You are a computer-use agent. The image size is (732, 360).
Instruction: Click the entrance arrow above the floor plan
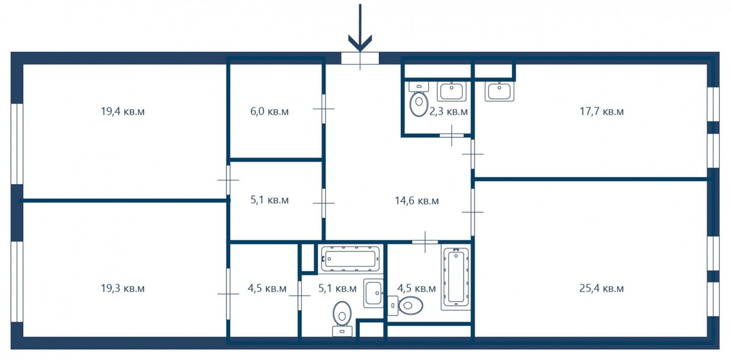point(360,28)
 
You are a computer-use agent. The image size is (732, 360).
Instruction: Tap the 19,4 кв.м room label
point(123,112)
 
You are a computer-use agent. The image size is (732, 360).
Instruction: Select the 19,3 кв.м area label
point(123,289)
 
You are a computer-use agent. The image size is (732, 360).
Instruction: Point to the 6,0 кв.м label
point(270,112)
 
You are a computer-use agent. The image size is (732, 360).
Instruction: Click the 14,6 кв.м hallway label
point(417,200)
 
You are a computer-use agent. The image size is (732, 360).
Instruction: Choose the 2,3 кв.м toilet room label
point(448,112)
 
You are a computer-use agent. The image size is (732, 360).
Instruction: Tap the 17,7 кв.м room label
point(601,112)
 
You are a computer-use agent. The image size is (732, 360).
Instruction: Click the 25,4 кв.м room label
point(601,289)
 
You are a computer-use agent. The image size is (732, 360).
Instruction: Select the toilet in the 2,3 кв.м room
point(418,99)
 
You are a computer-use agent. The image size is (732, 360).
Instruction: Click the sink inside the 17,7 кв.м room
point(500,92)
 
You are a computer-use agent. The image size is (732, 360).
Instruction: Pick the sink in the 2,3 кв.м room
point(451,92)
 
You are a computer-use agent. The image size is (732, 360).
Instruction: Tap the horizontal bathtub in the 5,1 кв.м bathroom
point(350,259)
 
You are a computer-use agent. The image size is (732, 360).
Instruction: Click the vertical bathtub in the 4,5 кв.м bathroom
point(456,279)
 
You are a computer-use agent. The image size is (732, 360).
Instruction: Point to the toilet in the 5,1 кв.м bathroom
point(342,319)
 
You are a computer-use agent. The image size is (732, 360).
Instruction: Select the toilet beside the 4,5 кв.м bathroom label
point(405,306)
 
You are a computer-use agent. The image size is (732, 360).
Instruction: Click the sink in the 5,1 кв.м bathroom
point(373,293)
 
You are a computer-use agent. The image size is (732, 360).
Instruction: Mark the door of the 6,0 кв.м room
point(323,109)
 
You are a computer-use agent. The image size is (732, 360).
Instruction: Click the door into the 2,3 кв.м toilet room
point(451,135)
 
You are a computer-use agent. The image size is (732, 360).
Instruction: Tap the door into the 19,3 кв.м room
point(228,294)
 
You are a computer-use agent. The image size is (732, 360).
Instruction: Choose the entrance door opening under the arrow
point(360,58)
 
